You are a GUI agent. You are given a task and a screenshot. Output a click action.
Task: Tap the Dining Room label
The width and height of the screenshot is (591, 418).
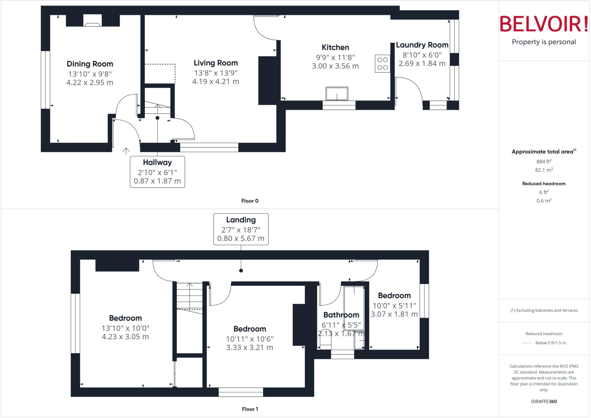click(x=90, y=64)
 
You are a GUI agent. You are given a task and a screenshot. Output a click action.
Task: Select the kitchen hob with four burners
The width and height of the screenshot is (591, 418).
click(x=382, y=64)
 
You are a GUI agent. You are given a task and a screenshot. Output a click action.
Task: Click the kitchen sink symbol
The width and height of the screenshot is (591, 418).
click(x=337, y=94)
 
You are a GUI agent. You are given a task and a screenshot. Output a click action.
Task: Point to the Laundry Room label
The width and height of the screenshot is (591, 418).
click(x=422, y=45)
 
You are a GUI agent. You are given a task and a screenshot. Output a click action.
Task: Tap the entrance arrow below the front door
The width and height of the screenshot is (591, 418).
click(x=126, y=151)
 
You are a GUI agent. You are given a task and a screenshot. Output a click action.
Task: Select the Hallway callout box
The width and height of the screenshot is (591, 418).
click(x=157, y=172)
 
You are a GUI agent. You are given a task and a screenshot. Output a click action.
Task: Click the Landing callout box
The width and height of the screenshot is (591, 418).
click(x=241, y=229)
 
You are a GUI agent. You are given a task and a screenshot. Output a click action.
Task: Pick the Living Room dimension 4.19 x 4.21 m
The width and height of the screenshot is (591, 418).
click(x=216, y=81)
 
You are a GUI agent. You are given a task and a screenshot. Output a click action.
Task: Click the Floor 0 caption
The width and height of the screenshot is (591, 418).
click(x=250, y=201)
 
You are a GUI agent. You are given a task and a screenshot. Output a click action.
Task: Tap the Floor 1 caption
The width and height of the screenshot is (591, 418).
click(x=250, y=409)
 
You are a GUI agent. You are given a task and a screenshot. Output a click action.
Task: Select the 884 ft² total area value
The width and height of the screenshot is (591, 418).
click(x=544, y=161)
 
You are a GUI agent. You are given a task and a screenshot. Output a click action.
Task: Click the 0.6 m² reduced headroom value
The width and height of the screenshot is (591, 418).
click(x=544, y=200)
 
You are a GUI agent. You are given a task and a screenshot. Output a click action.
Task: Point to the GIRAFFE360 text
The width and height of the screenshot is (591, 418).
click(x=544, y=401)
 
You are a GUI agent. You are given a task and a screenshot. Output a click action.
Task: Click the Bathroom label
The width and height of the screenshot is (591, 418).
click(x=341, y=315)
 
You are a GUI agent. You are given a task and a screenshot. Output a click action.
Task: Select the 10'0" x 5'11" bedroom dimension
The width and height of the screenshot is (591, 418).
click(x=394, y=305)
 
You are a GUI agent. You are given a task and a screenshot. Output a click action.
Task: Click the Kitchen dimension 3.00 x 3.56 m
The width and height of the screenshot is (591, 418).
click(x=335, y=66)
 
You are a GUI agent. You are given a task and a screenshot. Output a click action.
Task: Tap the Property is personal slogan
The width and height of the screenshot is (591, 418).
click(x=544, y=42)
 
